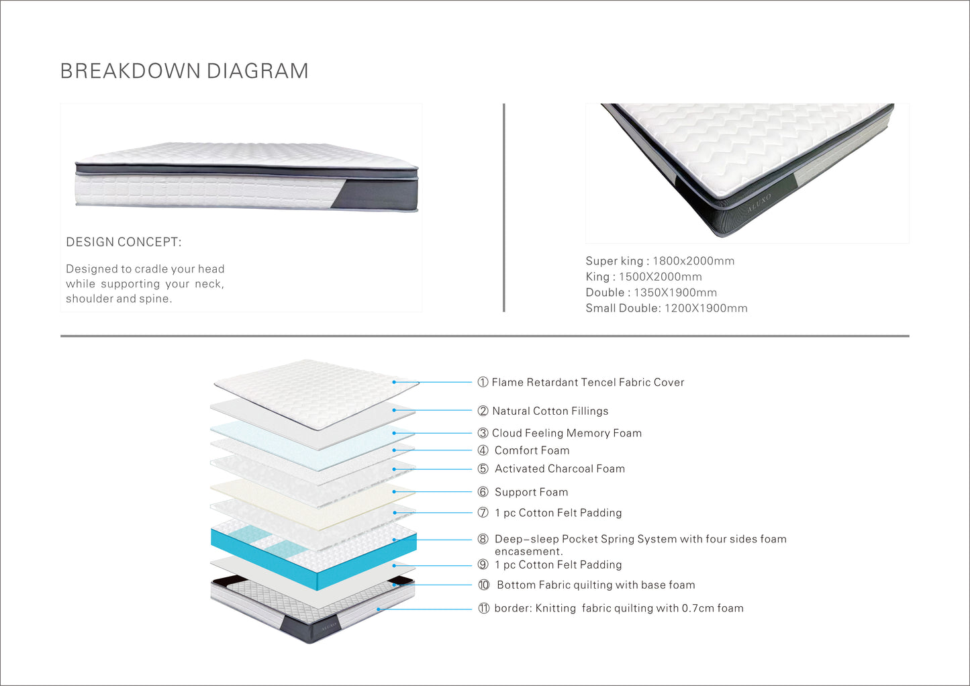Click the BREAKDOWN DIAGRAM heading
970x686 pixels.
coord(184,71)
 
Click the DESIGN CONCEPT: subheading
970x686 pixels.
coord(124,242)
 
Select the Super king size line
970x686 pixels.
coord(660,261)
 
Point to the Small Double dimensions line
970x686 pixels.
coord(666,308)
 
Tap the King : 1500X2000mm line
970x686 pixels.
coord(643,277)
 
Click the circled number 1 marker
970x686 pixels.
coord(483,383)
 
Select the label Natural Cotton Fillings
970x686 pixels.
coord(550,411)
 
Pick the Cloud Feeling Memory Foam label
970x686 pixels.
coord(567,433)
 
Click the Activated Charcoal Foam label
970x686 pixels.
coord(559,469)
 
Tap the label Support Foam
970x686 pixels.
coord(531,492)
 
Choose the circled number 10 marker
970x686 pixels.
coord(483,585)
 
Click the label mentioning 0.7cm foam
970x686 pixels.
coord(618,608)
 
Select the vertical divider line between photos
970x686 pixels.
coord(503,207)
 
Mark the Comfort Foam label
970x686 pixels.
coord(532,450)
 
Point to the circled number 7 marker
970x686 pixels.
coord(483,513)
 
